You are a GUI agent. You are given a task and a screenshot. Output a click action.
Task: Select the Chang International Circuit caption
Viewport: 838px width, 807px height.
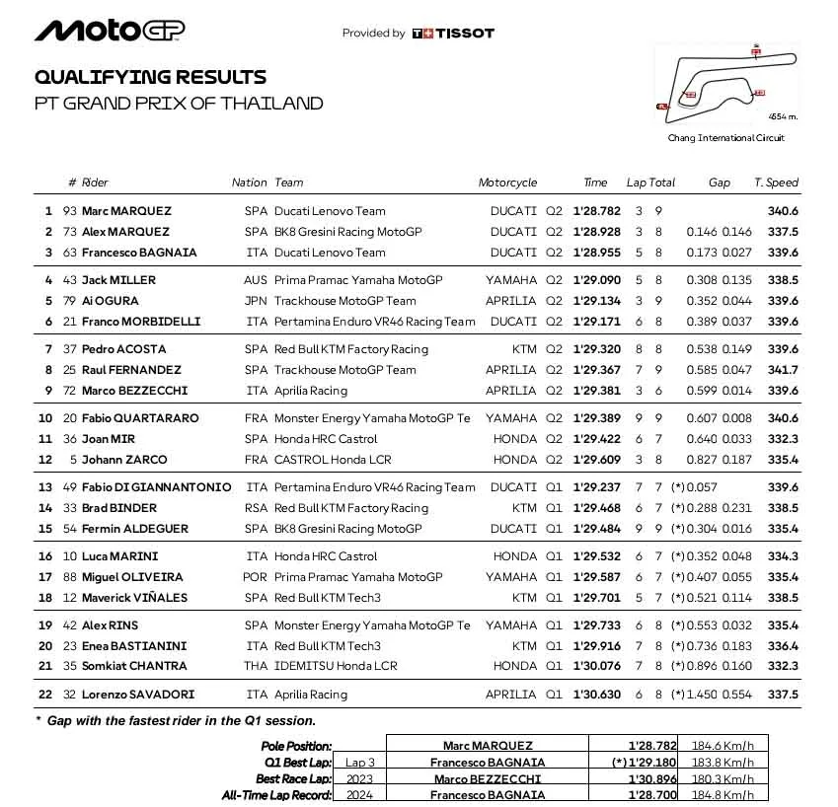coord(725,138)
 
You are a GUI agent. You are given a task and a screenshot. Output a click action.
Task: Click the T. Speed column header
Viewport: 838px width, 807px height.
coord(776,183)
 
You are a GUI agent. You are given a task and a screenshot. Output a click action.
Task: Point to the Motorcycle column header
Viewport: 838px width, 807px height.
coord(507,183)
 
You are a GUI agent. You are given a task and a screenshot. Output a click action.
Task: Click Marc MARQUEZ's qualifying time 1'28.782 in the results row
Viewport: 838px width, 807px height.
coord(596,211)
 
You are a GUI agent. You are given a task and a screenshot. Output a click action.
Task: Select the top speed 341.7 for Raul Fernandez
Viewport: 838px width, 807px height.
coord(783,370)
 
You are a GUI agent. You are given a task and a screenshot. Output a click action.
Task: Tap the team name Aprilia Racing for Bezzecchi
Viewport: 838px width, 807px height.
coord(311,391)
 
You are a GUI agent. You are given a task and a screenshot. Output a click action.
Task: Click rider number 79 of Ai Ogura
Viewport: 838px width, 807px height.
coord(69,301)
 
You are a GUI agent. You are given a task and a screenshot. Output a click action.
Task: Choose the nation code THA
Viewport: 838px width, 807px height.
coord(256,666)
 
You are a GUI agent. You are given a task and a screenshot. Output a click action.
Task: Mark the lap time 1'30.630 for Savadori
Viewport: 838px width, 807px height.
coord(596,695)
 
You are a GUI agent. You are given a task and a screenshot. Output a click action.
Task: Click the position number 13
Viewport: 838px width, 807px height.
coord(45,487)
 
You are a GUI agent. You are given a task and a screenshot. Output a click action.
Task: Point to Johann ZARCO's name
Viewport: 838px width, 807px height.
coord(124,460)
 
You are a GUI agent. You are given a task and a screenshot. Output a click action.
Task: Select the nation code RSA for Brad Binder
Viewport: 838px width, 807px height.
coord(256,508)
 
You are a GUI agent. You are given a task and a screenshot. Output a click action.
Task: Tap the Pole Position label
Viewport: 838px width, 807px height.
coord(296,747)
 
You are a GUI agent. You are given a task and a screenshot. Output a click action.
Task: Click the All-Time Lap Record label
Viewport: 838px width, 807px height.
coord(276,795)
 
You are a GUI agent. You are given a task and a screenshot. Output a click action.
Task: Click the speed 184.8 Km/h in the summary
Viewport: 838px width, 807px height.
coord(726,795)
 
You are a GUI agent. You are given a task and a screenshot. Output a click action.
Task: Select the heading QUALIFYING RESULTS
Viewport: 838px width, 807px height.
coord(150,77)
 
